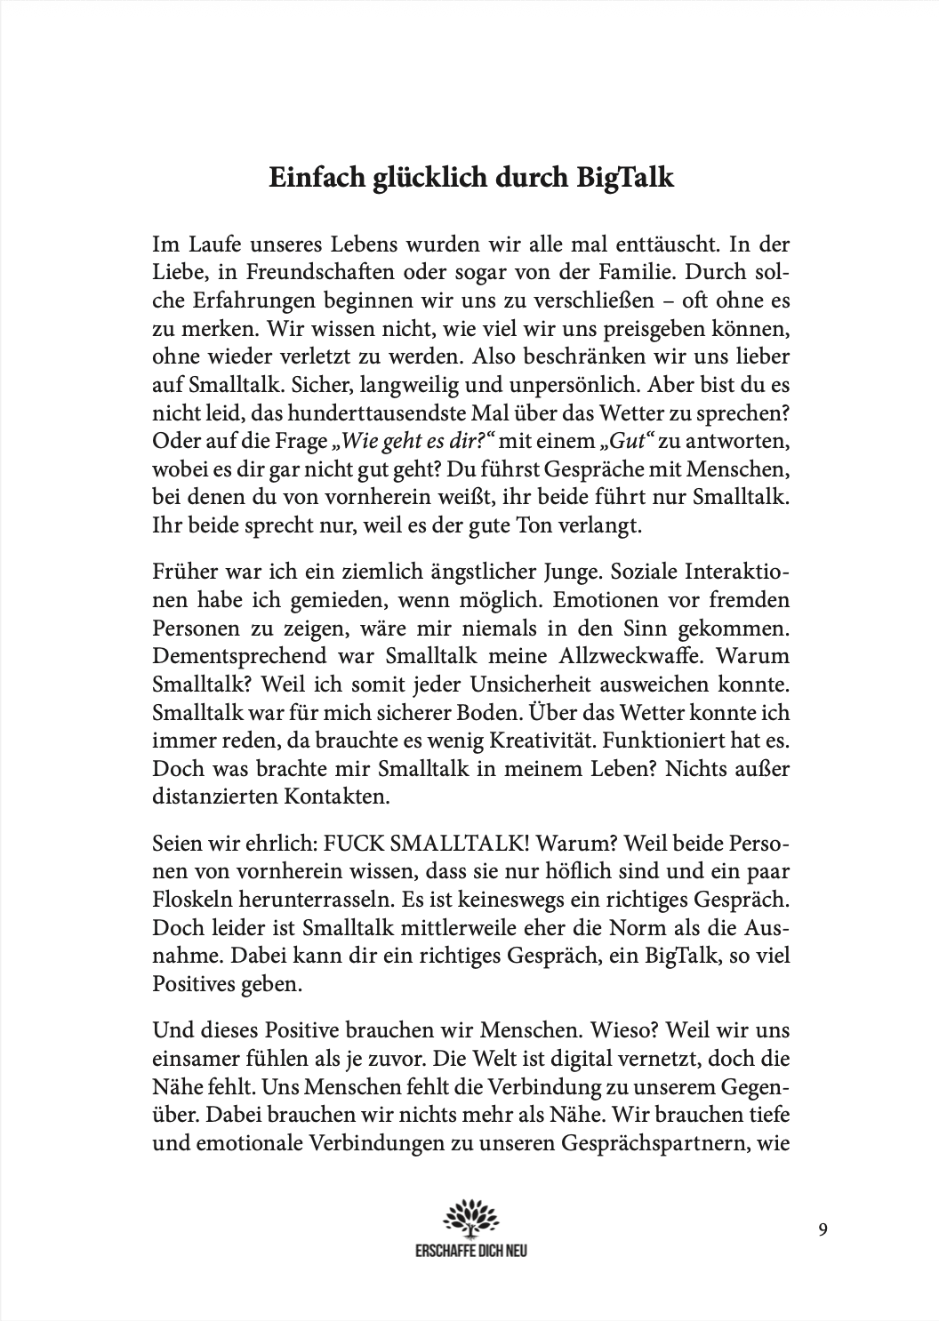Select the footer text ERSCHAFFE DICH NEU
click(x=471, y=1248)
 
